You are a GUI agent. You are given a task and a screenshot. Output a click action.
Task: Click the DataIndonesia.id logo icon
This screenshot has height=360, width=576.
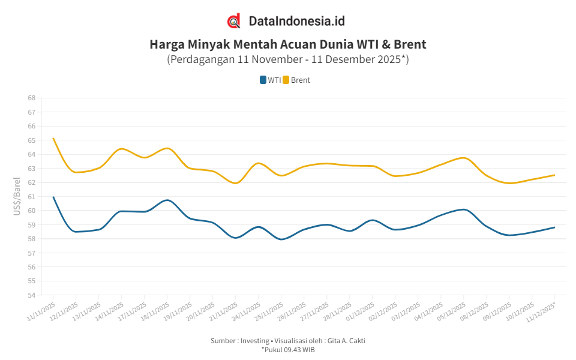pyautogui.click(x=234, y=21)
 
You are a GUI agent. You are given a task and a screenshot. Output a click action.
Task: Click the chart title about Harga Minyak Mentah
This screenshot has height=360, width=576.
pyautogui.click(x=288, y=44)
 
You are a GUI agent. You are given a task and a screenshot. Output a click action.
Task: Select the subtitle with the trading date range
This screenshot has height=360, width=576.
pyautogui.click(x=288, y=59)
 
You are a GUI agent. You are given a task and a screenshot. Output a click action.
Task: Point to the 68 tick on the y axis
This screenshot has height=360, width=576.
pyautogui.click(x=32, y=98)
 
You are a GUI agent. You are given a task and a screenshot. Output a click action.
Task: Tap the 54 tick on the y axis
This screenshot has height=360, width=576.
pyautogui.click(x=32, y=295)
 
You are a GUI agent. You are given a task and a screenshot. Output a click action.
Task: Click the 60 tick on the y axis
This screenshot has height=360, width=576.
pyautogui.click(x=32, y=211)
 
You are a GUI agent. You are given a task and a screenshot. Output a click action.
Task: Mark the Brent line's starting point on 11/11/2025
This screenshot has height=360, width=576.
pyautogui.click(x=53, y=139)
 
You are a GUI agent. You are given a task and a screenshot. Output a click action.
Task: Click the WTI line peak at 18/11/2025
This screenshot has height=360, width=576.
pyautogui.click(x=167, y=200)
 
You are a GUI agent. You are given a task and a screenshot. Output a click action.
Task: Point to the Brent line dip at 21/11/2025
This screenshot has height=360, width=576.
pyautogui.click(x=236, y=183)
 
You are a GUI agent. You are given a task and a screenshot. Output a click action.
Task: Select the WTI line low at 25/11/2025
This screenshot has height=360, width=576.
pyautogui.click(x=281, y=239)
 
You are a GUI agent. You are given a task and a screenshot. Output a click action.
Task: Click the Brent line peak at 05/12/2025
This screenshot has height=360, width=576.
pyautogui.click(x=463, y=158)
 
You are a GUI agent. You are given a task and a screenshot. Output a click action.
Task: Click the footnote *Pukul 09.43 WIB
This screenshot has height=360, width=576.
pyautogui.click(x=288, y=350)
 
